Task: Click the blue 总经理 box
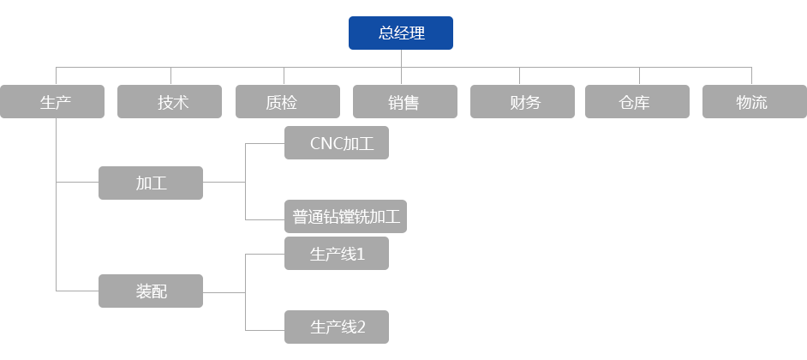[x=401, y=33]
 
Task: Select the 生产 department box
[x=53, y=102]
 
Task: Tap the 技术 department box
[x=170, y=102]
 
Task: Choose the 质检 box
[x=287, y=102]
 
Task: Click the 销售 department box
[x=404, y=102]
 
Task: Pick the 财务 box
[x=522, y=102]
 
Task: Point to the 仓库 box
[x=636, y=102]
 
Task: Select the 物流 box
[x=753, y=102]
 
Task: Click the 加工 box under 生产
[x=150, y=183]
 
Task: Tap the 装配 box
[x=150, y=291]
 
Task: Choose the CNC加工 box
[x=336, y=142]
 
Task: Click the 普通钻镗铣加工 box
[x=345, y=216]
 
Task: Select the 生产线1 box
[x=336, y=253]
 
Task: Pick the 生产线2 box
[x=336, y=327]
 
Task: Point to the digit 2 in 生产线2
[x=362, y=327]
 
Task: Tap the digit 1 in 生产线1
[x=362, y=254]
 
